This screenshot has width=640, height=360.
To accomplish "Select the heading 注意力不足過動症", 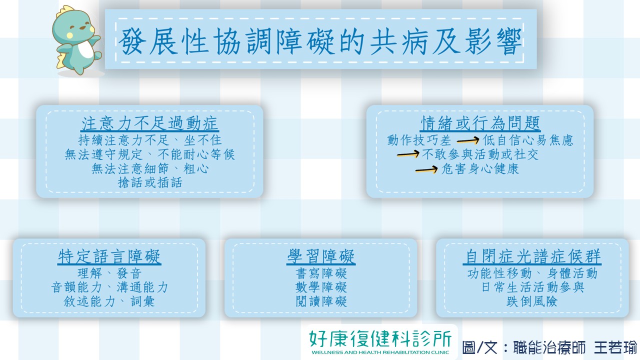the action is (x=149, y=123).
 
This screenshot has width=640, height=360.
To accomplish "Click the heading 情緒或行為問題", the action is (x=480, y=123).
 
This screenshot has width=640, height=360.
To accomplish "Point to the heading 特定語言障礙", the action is (x=109, y=256).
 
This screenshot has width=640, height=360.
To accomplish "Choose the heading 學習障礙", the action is (x=321, y=256).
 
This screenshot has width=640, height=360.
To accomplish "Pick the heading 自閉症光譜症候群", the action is (x=532, y=256).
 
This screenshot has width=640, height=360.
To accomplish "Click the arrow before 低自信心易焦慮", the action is (x=468, y=140).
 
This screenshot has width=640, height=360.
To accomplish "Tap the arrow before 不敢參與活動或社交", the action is (x=408, y=154).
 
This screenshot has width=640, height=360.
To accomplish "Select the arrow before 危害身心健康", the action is (x=426, y=169).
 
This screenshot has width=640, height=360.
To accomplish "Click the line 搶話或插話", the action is (x=150, y=182).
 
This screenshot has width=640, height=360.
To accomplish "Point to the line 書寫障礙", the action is (x=321, y=273).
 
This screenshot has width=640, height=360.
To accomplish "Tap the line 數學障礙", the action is (x=321, y=287).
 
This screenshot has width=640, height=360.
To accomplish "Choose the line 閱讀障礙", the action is (x=321, y=301).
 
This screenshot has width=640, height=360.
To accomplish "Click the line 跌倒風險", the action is (x=531, y=301).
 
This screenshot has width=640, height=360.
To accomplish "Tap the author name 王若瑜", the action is (x=615, y=347).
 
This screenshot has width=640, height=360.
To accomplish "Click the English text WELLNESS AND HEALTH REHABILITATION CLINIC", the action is (x=380, y=352).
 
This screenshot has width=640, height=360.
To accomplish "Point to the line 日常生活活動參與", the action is (x=532, y=287).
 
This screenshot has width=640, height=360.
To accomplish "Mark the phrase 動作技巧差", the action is (x=419, y=140).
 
